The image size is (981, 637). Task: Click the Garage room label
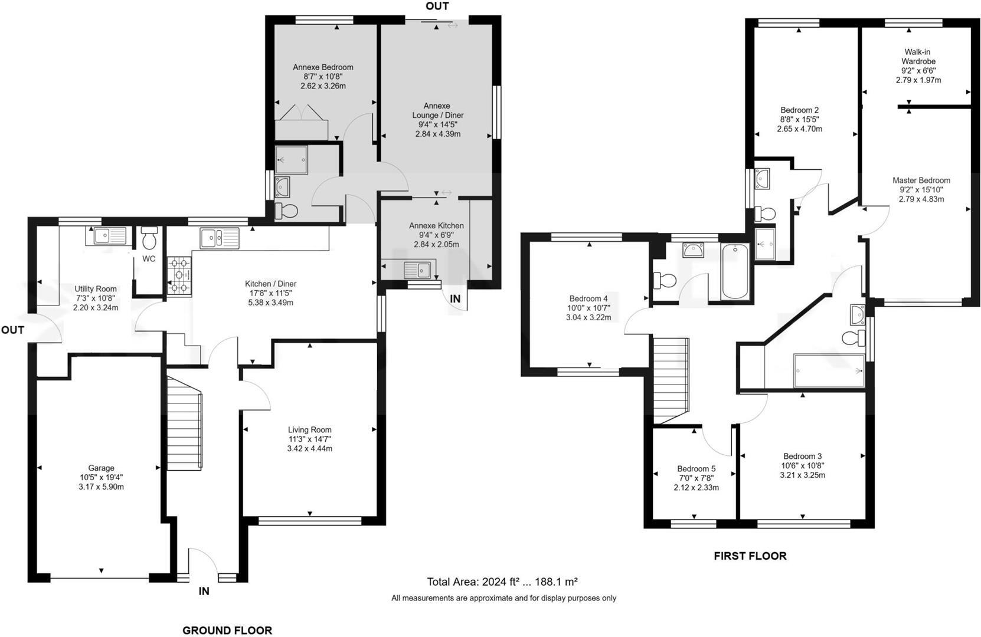pyautogui.click(x=101, y=468)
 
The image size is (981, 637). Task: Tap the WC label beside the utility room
pyautogui.click(x=149, y=259)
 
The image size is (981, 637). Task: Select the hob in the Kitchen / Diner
pyautogui.click(x=179, y=275)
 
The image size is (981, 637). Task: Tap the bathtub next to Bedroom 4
pyautogui.click(x=735, y=272)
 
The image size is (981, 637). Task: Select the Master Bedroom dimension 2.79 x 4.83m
pyautogui.click(x=921, y=199)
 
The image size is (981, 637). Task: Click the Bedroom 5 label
pyautogui.click(x=696, y=469)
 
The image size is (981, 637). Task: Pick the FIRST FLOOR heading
pyautogui.click(x=750, y=556)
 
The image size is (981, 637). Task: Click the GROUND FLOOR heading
pyautogui.click(x=227, y=630)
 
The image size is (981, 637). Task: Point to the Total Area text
pyautogui.click(x=502, y=582)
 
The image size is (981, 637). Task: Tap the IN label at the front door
pyautogui.click(x=204, y=591)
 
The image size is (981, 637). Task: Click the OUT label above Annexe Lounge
pyautogui.click(x=437, y=6)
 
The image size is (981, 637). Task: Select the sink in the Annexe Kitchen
pyautogui.click(x=417, y=270)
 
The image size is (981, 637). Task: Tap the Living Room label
pyautogui.click(x=309, y=430)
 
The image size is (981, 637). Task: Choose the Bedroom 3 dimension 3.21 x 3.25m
pyautogui.click(x=802, y=475)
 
